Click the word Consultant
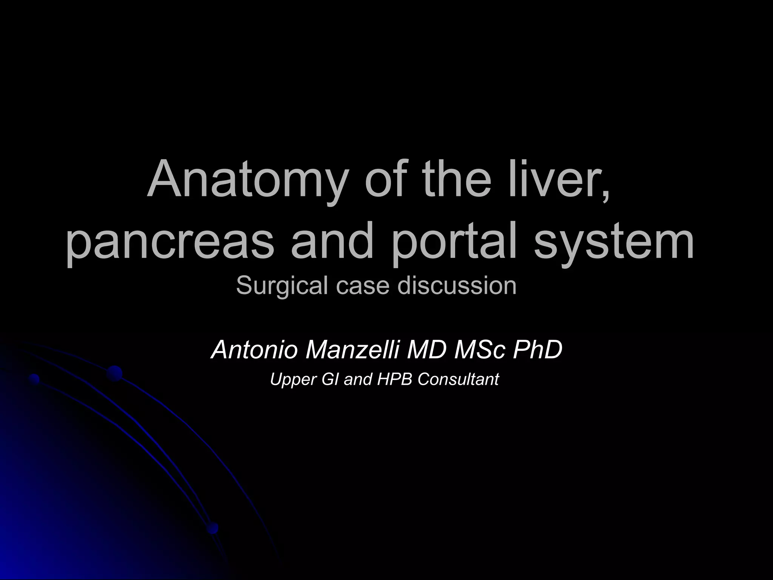(x=458, y=379)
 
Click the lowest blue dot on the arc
(x=212, y=528)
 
